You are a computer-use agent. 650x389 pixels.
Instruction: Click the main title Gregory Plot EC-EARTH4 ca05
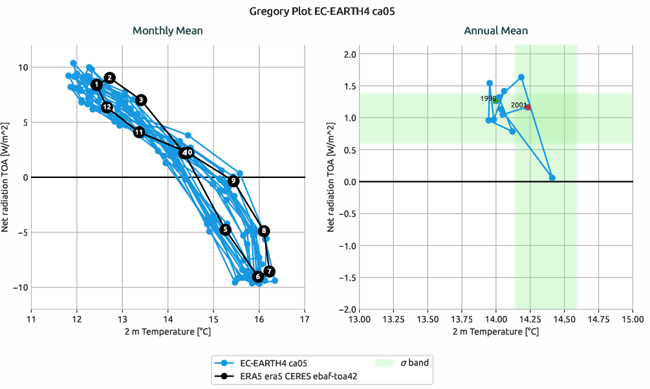(325, 11)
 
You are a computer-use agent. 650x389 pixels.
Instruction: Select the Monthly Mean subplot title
(168, 31)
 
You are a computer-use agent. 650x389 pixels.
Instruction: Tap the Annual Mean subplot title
(495, 31)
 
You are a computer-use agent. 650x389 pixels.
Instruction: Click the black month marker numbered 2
(110, 78)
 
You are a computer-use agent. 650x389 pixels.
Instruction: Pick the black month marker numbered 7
(270, 271)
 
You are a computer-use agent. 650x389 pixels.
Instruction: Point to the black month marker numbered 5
(225, 229)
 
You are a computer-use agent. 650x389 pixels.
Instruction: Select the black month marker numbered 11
(139, 132)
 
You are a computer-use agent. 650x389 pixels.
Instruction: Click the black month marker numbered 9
(233, 181)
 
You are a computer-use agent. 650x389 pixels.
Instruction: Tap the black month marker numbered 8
(263, 231)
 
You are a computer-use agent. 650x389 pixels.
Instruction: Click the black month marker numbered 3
(142, 100)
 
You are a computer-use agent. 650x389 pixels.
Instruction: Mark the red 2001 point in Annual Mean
(528, 107)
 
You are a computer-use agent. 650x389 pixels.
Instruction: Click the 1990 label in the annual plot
(488, 98)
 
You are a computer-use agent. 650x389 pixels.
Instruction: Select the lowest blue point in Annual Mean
(552, 178)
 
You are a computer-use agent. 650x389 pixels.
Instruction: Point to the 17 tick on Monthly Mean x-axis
(305, 319)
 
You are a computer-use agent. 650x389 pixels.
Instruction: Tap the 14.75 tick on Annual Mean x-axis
(598, 319)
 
